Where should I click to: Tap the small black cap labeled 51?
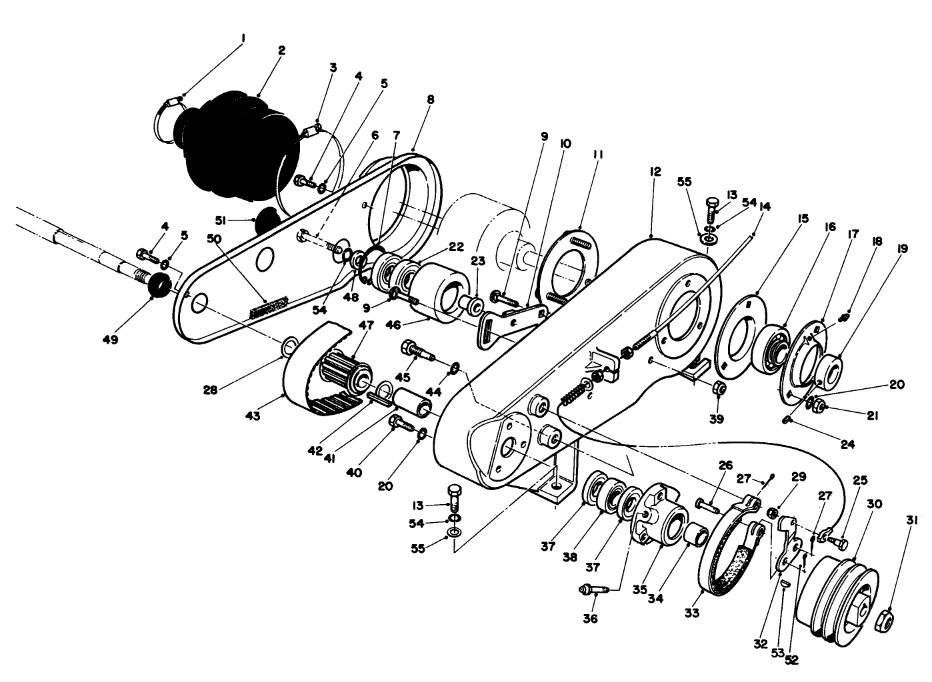[267, 220]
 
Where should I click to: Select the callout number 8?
[430, 99]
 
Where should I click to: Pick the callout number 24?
[847, 444]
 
